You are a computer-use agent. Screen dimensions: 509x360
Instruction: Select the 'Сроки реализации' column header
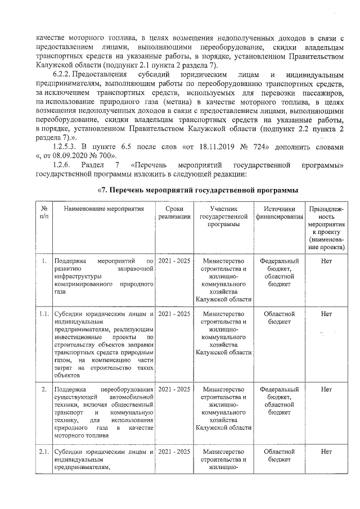(174, 213)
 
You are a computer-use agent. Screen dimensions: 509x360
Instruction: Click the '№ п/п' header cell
(43, 213)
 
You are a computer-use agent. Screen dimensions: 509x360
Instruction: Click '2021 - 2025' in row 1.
(174, 261)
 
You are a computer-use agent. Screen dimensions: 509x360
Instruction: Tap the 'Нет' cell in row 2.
(326, 389)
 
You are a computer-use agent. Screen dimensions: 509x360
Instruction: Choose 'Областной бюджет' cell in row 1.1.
(279, 318)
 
